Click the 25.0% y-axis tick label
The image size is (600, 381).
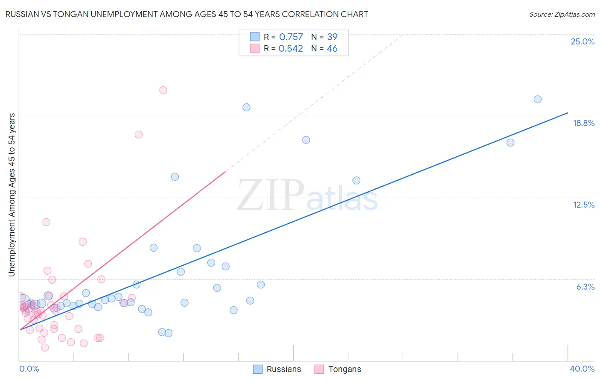click(583, 41)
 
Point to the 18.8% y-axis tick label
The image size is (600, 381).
click(583, 123)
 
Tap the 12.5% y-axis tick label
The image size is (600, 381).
click(583, 205)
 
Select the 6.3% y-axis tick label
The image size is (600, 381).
click(585, 287)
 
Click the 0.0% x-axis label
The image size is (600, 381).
click(29, 369)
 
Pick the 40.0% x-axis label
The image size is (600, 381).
click(582, 369)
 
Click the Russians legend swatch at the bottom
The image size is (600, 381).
click(258, 369)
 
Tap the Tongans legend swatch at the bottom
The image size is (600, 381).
click(319, 369)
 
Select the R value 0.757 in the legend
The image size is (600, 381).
click(291, 37)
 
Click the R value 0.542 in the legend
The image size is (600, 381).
click(291, 49)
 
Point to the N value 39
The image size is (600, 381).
click(332, 37)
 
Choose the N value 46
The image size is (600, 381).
click(332, 49)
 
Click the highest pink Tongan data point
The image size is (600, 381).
click(163, 90)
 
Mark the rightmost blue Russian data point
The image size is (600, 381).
click(538, 100)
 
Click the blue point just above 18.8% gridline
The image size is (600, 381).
click(246, 107)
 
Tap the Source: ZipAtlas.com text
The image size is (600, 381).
click(562, 15)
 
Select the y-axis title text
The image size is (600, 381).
click(12, 194)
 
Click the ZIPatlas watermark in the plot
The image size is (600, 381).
click(307, 196)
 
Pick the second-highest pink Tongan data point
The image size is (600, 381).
click(139, 135)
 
